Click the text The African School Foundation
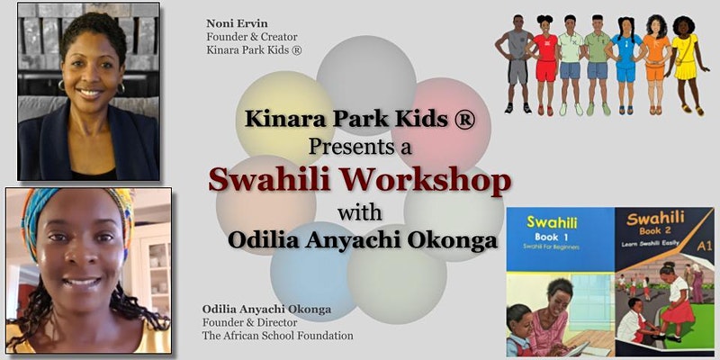(x=277, y=336)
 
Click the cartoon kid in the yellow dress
(x=687, y=64)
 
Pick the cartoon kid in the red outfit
(x=545, y=64)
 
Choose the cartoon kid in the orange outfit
(x=656, y=64)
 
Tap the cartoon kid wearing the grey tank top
(x=516, y=64)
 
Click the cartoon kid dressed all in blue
(x=625, y=65)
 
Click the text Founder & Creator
(x=252, y=37)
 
